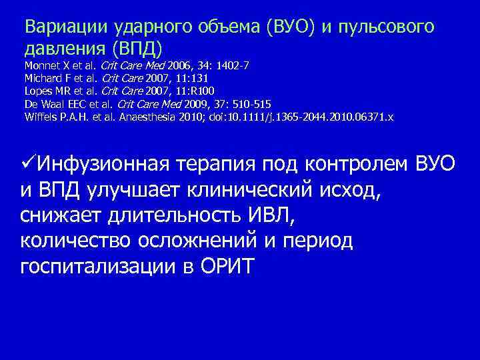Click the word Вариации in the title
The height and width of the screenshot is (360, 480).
pos(58,27)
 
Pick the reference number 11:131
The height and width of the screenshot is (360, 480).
pos(194,79)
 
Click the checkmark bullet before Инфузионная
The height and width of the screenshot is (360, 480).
pos(29,162)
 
